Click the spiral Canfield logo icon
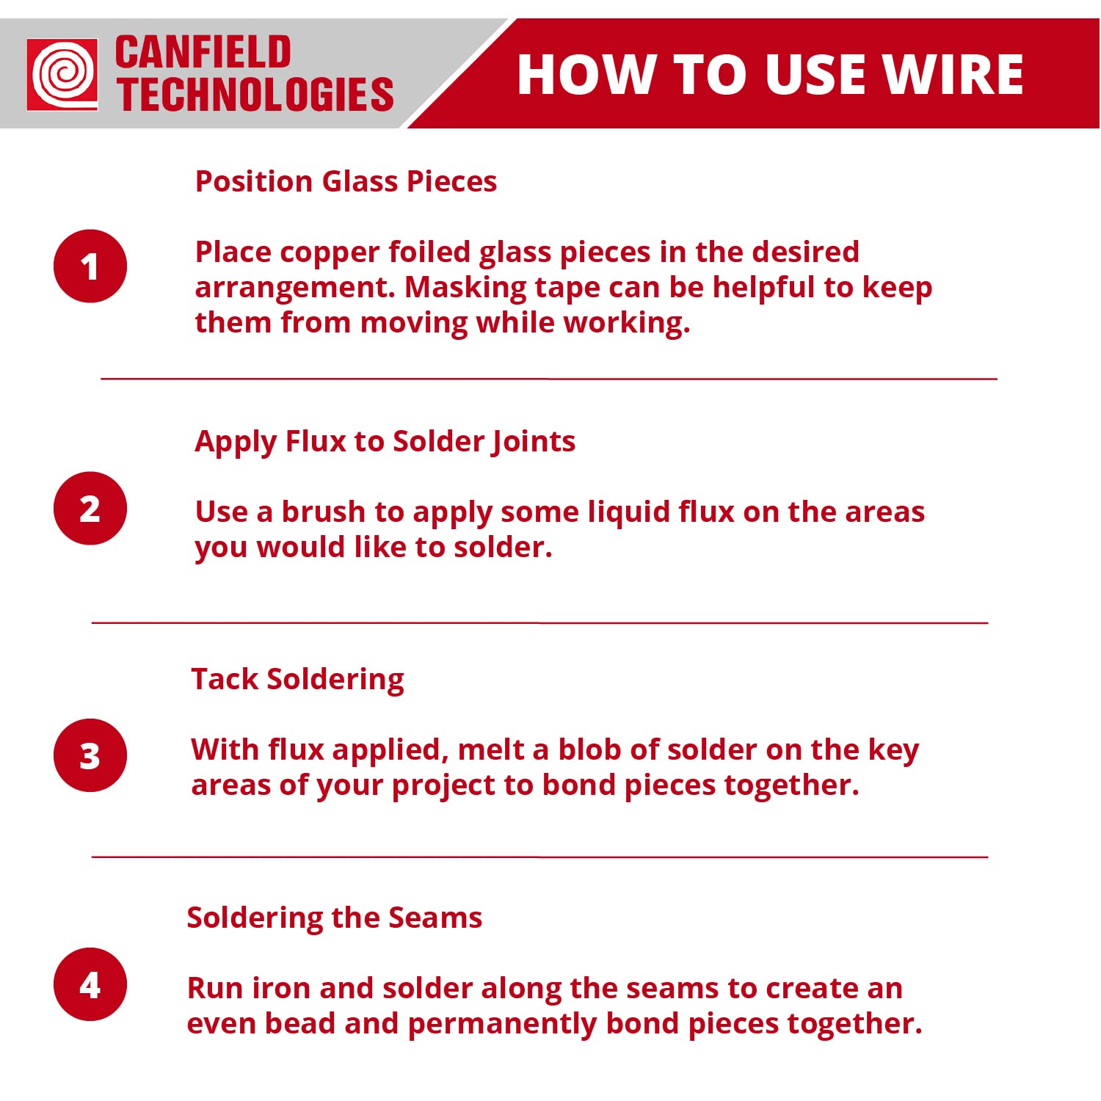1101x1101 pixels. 62,74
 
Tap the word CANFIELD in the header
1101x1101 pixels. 203,53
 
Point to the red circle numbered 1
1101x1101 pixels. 90,266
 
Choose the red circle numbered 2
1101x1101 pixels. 90,508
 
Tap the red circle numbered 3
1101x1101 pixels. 90,755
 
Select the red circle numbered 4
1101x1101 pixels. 90,984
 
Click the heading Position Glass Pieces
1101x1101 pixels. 346,181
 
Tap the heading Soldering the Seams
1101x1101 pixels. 335,918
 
